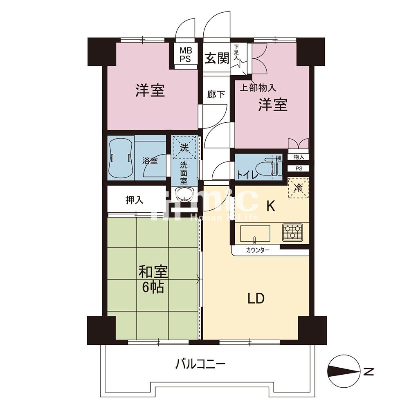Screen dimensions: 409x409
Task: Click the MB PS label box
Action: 186,54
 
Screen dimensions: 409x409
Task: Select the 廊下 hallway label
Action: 216,94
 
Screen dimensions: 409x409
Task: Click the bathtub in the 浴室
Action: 121,158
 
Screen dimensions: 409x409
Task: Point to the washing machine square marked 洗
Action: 185,147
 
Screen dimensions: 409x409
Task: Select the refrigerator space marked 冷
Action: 299,188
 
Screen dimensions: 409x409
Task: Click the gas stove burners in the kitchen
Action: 292,232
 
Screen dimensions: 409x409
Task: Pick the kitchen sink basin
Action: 255,234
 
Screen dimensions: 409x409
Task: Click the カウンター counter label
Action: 258,250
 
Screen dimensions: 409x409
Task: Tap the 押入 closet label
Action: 134,200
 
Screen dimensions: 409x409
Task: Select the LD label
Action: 256,299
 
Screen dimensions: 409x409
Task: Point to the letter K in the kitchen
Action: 271,207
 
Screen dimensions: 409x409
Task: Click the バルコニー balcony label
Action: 200,364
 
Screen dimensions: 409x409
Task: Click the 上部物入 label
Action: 258,88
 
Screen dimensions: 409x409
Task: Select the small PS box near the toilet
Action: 299,169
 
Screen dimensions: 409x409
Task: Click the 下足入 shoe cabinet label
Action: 236,53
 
